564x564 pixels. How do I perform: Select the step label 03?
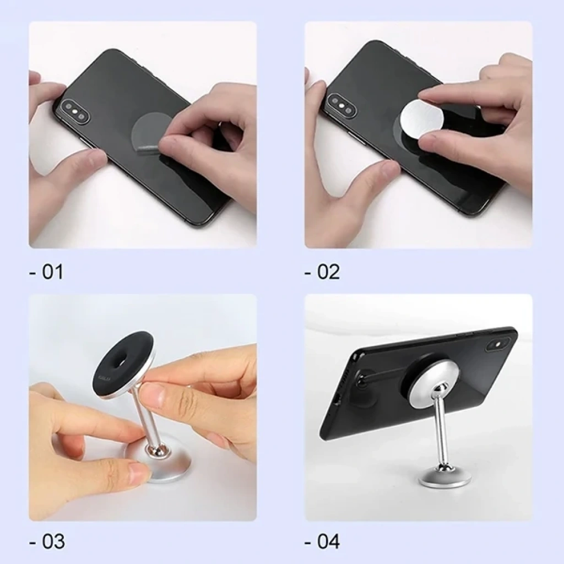pos(47,541)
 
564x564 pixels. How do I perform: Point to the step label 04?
pos(322,541)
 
